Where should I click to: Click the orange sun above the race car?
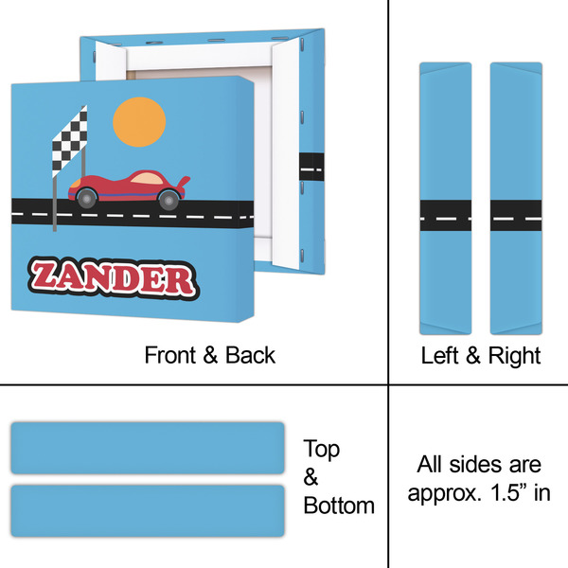point(139,122)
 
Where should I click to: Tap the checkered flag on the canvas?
point(69,142)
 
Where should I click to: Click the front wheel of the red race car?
point(87,198)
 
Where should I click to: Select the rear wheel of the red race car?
point(169,200)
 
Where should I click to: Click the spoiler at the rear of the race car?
point(184,181)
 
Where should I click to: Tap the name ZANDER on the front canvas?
point(114,278)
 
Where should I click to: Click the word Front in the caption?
point(169,355)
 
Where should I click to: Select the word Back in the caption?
point(250,355)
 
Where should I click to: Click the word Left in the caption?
point(439,355)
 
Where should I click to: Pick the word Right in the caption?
point(514,356)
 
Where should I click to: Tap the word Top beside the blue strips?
point(322,449)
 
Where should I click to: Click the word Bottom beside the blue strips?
point(339,506)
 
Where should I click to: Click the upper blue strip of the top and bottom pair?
point(148,448)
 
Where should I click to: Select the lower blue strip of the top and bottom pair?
point(148,511)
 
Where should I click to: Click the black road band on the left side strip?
point(446,216)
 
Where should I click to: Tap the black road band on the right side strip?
point(516,216)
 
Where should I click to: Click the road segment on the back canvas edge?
point(311,167)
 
